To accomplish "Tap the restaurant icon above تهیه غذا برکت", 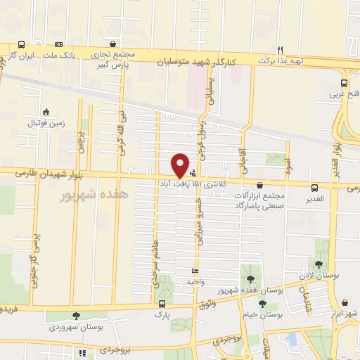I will (x=280, y=49).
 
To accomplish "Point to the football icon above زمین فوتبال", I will (x=46, y=112).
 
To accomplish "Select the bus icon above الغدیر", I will (x=314, y=188).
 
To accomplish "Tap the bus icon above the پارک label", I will (x=162, y=304).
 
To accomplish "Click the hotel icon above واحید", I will (x=195, y=271).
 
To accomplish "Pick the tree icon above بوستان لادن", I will (x=319, y=264).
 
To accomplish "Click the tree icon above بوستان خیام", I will (x=262, y=304).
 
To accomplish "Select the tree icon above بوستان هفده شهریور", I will (x=250, y=279).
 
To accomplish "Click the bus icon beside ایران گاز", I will (x=22, y=44).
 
